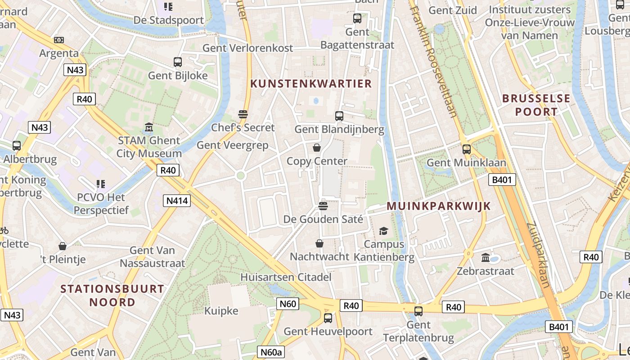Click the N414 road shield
coord(177,201)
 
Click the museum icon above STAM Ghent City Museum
coord(149,127)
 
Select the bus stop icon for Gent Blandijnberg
coord(339,116)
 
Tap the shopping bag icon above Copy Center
coord(317,148)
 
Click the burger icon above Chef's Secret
coord(243,114)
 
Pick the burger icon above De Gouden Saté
coord(323,206)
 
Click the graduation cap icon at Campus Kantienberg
coord(383,231)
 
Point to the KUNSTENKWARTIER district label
coord(311,84)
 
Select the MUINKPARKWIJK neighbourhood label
coord(439,206)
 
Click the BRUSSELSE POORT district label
coord(536,105)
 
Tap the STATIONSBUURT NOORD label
coord(112,295)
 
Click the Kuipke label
coord(221,311)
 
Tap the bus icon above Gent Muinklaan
coord(467,149)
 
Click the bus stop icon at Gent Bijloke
coord(178,62)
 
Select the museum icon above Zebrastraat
coord(486,258)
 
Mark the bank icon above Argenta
coord(59,40)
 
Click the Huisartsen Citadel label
coord(286,277)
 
